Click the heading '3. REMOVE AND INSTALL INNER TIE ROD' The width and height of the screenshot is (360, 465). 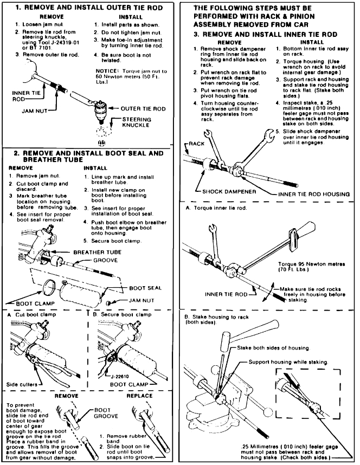click(x=263, y=34)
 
